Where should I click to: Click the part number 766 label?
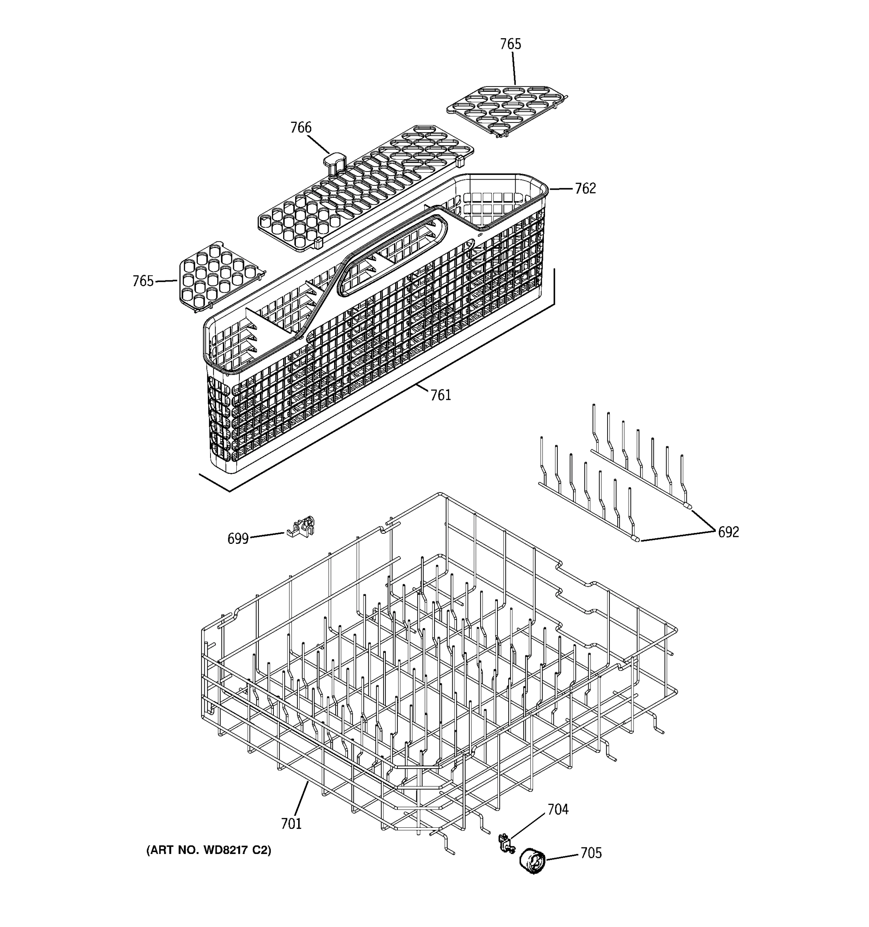[301, 127]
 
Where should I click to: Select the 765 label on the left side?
[143, 281]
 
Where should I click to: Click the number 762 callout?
[585, 188]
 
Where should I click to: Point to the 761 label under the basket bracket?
[441, 396]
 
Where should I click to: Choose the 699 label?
[238, 539]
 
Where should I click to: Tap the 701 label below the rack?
[291, 824]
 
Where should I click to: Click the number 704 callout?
[558, 810]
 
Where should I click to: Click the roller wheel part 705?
[532, 861]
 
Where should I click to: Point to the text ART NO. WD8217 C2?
[209, 851]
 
